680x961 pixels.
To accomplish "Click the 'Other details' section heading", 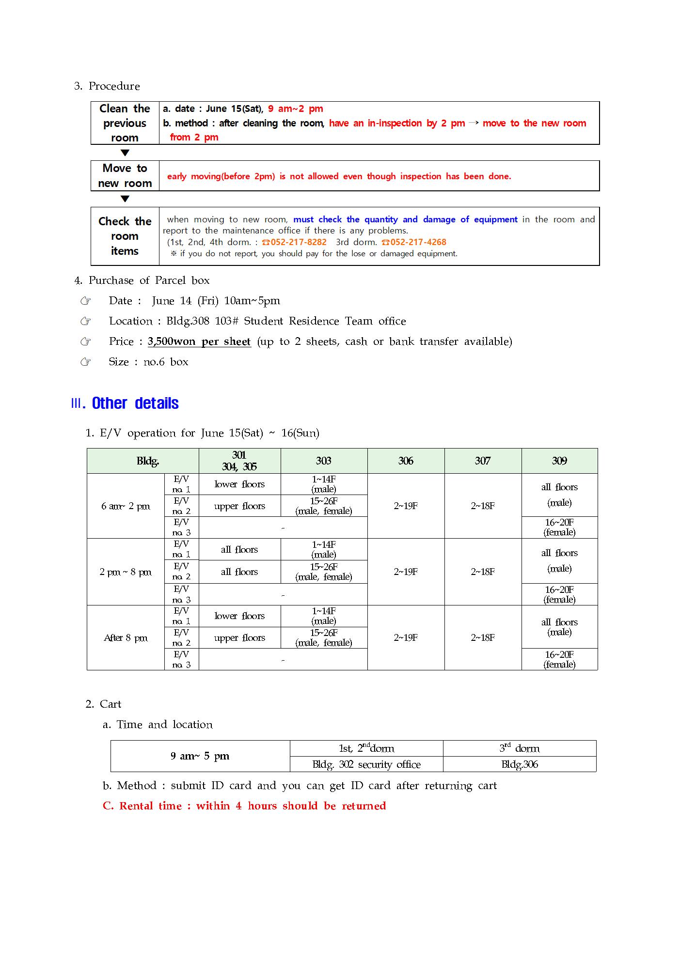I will point(135,403).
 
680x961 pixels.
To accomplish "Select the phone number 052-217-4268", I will point(418,242).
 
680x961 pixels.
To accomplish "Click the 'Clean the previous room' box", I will point(125,123).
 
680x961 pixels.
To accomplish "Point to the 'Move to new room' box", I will point(125,176).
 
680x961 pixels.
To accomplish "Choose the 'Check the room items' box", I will point(125,236).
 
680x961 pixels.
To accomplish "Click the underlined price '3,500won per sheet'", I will point(199,341).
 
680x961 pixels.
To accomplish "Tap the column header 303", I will point(324,461).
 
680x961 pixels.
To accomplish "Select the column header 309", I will point(559,461).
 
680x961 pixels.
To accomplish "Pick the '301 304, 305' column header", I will point(239,461).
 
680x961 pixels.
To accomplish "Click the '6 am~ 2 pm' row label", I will point(126,506).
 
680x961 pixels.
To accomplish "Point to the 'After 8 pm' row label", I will point(126,638).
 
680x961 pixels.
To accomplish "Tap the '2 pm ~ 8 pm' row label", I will point(126,572).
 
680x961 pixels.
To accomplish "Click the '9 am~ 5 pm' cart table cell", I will point(200,756).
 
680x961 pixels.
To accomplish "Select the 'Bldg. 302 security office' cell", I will point(366,764).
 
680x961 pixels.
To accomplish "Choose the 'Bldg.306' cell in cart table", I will point(520,764).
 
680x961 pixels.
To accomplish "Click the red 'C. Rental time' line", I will point(244,806).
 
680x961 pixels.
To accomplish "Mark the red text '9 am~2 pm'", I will point(296,109).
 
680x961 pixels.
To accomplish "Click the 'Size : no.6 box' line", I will point(148,362).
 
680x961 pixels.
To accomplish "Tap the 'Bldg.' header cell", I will point(148,461).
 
